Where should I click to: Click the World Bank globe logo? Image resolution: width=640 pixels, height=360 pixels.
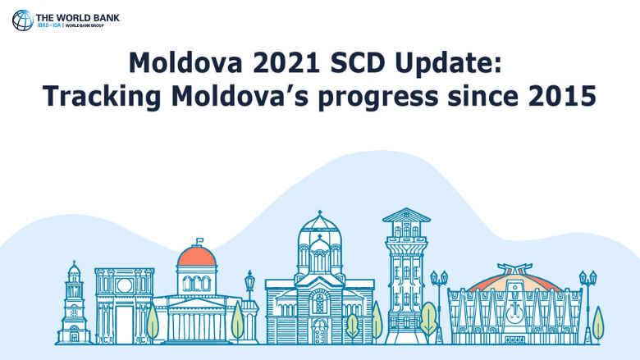pyautogui.click(x=22, y=20)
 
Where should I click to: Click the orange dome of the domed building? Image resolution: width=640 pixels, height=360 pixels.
pyautogui.click(x=197, y=257)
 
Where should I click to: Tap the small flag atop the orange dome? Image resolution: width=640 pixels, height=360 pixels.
pyautogui.click(x=198, y=241)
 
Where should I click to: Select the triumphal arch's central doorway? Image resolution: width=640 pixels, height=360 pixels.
pyautogui.click(x=124, y=323)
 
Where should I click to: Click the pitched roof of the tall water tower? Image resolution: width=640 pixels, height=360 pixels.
pyautogui.click(x=406, y=216)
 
